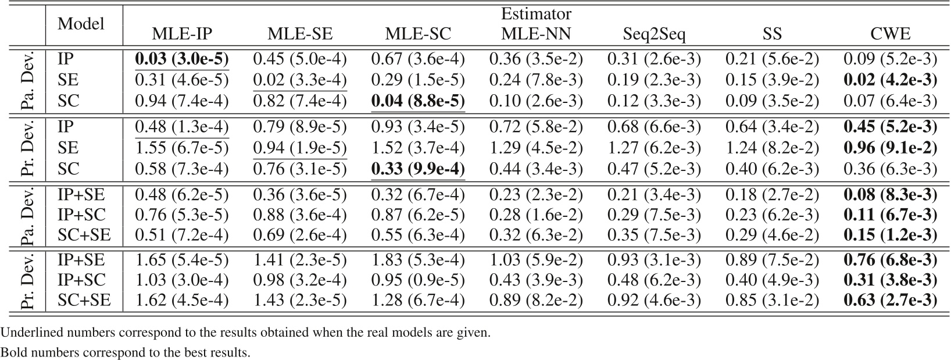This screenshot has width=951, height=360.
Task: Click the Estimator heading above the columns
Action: (x=536, y=13)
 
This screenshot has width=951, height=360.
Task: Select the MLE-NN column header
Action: (x=536, y=34)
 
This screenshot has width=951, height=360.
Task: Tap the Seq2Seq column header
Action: (x=654, y=34)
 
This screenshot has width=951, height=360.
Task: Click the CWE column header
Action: (x=890, y=34)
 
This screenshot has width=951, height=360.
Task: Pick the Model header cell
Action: (x=81, y=24)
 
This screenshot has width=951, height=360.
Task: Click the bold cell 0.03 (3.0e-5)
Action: (x=182, y=59)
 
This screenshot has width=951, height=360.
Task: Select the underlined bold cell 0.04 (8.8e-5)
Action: (x=418, y=101)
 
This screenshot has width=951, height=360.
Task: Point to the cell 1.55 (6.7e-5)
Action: (x=182, y=148)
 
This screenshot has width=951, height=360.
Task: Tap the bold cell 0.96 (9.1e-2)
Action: (x=890, y=148)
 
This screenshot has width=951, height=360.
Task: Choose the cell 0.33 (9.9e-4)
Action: (x=418, y=169)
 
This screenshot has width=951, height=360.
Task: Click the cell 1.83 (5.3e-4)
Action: (x=418, y=259)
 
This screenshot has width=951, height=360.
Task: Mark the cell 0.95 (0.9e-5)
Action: (x=418, y=280)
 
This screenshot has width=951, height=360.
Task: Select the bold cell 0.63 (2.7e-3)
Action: (x=890, y=301)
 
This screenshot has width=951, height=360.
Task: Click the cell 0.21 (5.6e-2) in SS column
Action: (x=772, y=59)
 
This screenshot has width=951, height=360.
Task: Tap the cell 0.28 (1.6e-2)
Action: (x=536, y=215)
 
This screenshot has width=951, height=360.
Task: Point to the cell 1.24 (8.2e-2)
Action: (x=772, y=148)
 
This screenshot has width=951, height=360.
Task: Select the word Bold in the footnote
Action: (x=12, y=352)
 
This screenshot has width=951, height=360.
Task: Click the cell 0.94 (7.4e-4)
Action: (x=182, y=101)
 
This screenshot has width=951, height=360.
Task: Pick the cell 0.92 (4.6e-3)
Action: (x=654, y=301)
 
